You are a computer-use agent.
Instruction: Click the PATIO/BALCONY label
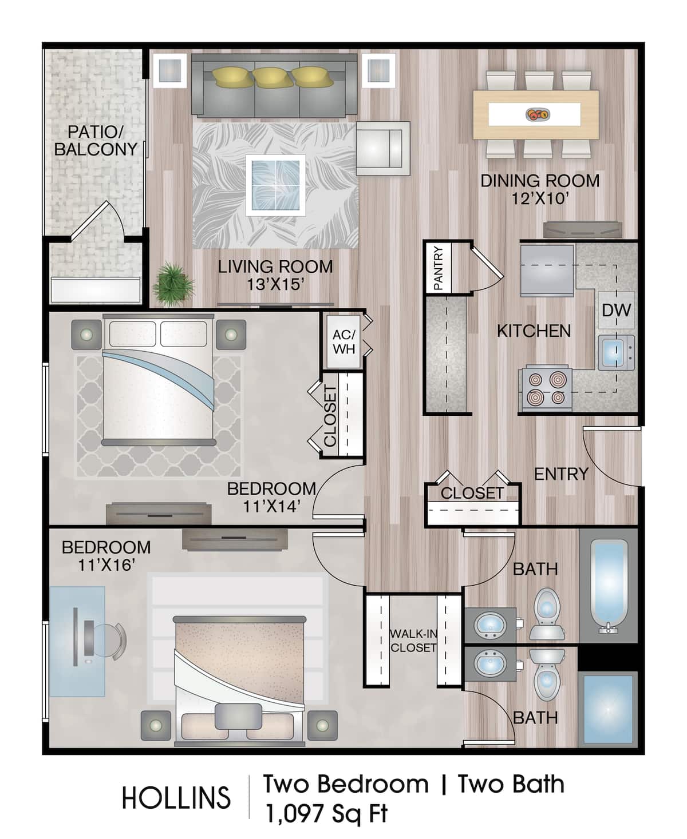96,141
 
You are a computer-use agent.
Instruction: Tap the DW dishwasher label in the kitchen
616,311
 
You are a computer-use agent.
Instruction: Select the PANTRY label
439,267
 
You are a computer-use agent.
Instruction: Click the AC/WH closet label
343,341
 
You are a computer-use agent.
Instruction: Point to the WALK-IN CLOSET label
413,641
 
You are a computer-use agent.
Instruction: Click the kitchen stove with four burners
545,388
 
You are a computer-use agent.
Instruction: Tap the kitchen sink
614,352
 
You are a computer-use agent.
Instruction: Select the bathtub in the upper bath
609,585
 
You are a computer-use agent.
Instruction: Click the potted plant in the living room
172,283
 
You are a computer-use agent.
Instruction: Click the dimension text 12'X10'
540,198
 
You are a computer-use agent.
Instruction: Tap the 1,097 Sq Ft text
326,813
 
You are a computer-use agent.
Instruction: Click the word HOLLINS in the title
176,798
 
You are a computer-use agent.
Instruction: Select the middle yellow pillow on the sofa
273,77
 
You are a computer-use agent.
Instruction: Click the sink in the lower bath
490,664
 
